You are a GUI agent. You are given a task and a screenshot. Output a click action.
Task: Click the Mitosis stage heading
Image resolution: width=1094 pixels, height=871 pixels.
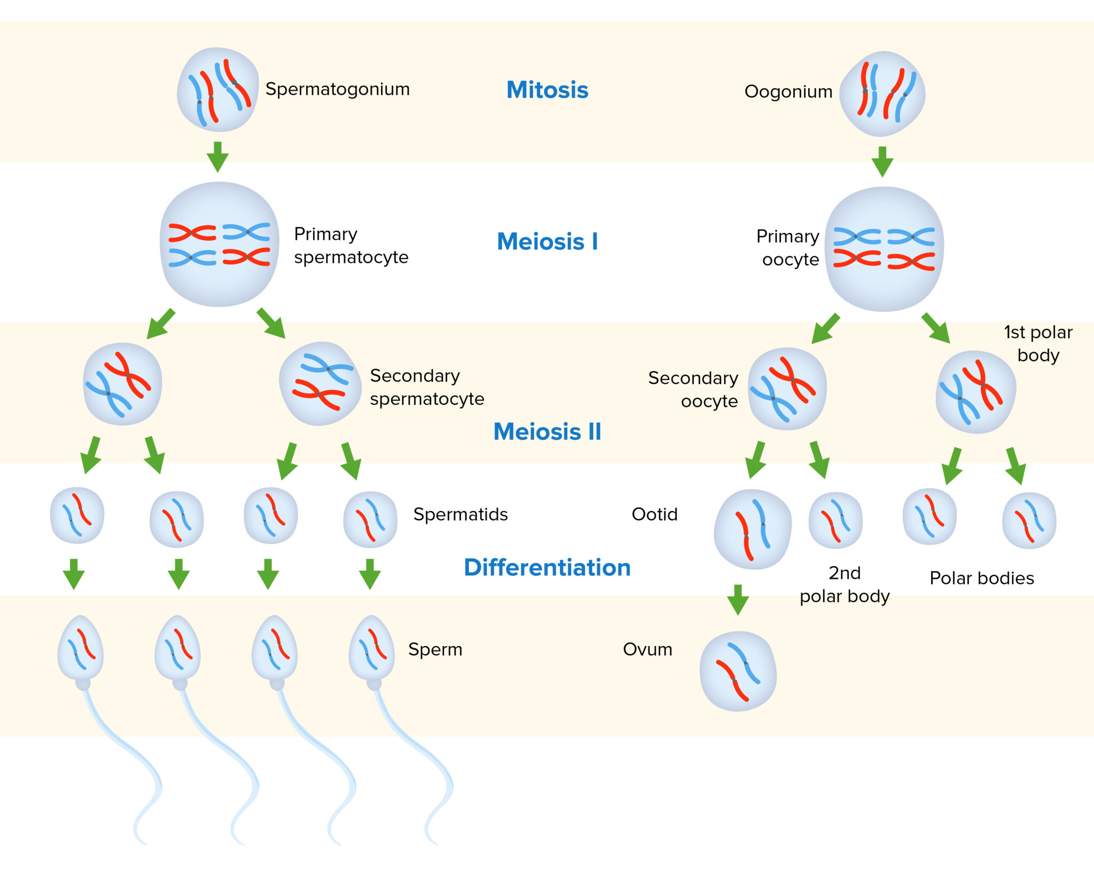[547, 90]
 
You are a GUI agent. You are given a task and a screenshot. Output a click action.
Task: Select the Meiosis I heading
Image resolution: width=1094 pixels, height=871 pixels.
[547, 241]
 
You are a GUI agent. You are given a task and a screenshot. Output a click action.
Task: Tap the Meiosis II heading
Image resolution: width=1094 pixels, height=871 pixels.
[547, 431]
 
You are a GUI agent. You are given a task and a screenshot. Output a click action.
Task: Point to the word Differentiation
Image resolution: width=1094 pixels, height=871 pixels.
[547, 567]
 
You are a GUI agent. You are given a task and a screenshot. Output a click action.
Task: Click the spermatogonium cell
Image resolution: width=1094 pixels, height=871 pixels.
[218, 90]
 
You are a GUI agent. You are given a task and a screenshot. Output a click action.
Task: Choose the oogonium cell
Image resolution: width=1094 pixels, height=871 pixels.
[882, 94]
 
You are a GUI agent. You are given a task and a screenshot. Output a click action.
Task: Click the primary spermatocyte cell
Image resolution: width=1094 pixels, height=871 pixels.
[220, 245]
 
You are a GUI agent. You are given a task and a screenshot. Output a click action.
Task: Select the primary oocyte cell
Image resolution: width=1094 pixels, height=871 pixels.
[884, 249]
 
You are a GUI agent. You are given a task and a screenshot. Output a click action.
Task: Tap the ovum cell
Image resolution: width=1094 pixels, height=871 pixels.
[738, 671]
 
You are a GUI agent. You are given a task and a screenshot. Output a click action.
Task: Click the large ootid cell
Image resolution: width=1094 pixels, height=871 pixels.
[753, 529]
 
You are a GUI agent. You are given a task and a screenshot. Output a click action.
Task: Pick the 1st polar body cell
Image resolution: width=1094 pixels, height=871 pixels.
[976, 392]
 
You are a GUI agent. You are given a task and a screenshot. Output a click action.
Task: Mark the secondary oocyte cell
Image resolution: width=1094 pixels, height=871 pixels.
[787, 389]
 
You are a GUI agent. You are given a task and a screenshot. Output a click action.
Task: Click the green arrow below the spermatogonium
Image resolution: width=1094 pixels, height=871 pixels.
[217, 156]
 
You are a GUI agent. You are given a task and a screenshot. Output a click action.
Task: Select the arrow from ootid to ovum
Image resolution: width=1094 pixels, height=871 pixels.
[738, 599]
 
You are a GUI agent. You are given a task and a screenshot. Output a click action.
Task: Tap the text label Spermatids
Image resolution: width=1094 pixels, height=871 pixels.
[460, 514]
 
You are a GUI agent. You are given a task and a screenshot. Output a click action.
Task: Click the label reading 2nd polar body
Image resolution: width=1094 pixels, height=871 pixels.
[845, 584]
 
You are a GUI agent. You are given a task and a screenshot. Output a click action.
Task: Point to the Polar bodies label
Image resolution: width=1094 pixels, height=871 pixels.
[982, 578]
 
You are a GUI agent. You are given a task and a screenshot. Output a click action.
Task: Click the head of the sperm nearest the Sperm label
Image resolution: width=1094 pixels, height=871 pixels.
[372, 648]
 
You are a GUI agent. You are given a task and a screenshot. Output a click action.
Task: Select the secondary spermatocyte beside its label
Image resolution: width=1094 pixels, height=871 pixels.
[321, 383]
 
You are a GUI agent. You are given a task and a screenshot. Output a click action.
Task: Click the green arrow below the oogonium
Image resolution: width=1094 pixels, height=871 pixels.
[882, 161]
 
